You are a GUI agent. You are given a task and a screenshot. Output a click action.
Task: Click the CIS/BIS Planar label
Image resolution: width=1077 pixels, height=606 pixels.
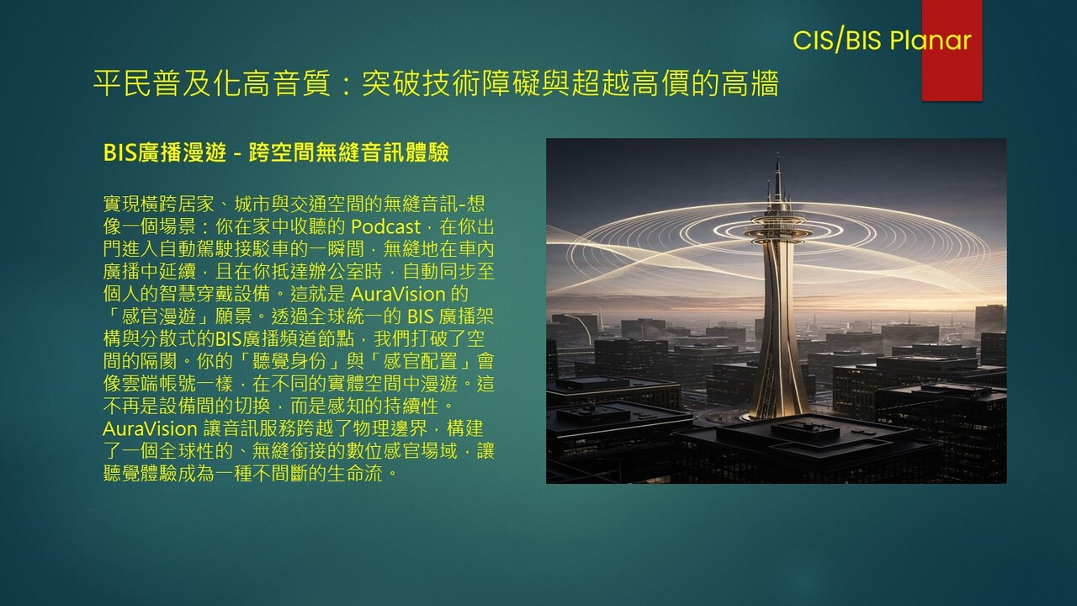(x=882, y=40)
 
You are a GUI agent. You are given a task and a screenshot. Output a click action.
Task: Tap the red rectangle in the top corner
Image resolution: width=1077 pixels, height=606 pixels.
(x=952, y=50)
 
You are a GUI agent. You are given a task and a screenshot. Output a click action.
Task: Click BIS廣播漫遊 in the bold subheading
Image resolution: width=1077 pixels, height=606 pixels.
(x=164, y=152)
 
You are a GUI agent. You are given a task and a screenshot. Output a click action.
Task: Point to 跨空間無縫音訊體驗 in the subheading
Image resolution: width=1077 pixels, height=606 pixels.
(x=348, y=152)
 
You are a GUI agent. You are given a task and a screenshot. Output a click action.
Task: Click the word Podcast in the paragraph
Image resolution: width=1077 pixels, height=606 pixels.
(x=385, y=226)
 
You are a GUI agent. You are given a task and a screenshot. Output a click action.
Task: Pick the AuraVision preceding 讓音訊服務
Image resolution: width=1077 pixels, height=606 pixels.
(x=150, y=428)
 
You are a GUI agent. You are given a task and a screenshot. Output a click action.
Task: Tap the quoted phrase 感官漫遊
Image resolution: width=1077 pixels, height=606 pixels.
(x=159, y=316)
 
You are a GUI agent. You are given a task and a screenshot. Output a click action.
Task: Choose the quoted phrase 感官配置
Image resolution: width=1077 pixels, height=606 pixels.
(x=420, y=361)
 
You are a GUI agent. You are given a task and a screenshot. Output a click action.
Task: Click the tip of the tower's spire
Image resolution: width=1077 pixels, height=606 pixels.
(x=777, y=154)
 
